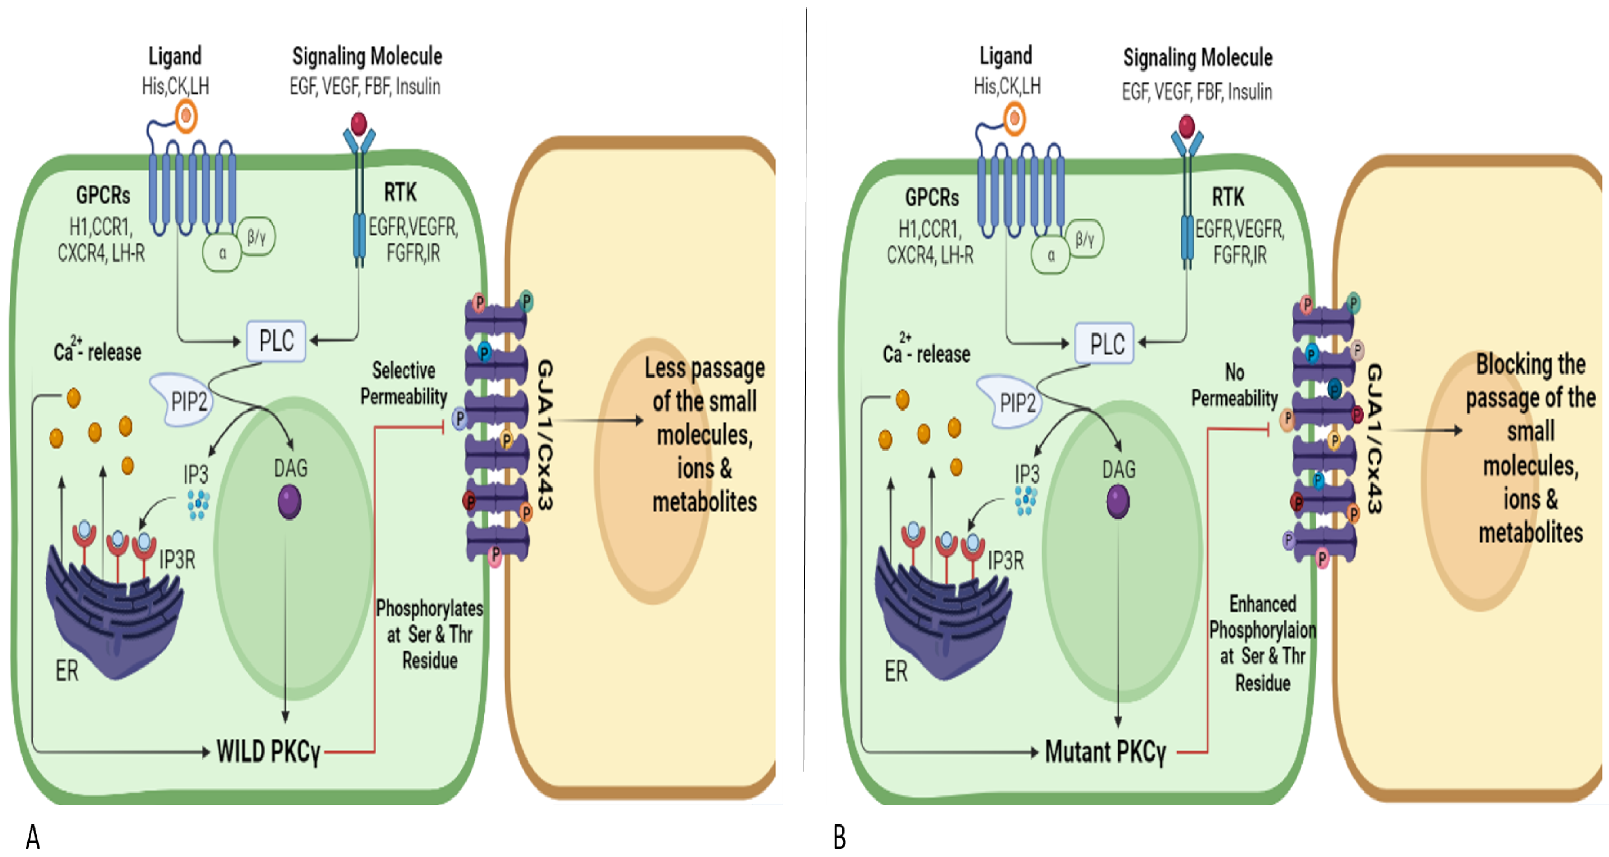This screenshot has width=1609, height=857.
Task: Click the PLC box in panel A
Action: (276, 341)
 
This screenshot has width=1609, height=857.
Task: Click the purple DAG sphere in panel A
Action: (289, 502)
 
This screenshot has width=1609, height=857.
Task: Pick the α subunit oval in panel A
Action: (222, 253)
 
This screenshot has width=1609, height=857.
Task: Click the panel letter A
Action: (33, 837)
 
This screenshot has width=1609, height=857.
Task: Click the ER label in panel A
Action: (67, 671)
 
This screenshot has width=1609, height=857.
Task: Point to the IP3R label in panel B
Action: (1006, 561)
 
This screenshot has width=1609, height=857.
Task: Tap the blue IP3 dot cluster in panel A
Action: (198, 505)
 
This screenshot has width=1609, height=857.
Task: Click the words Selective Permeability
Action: (404, 383)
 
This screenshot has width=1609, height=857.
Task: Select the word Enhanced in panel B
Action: (1263, 604)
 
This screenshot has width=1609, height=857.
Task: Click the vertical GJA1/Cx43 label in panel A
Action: (545, 435)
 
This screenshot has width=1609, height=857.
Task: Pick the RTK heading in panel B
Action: (1227, 197)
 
